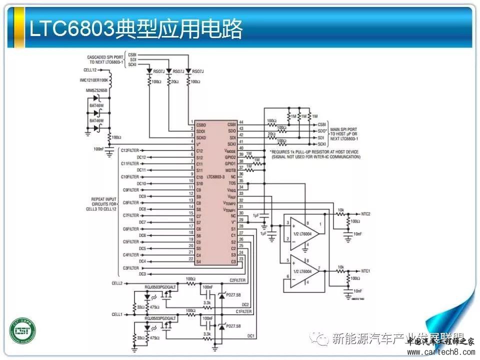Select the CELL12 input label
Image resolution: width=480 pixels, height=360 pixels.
click(90, 70)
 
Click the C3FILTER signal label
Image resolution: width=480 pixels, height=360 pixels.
click(131, 268)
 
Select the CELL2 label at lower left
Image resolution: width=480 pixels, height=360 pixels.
click(117, 283)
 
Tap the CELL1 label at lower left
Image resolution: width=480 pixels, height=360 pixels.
click(117, 314)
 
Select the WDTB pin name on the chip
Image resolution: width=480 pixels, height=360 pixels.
click(230, 170)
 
